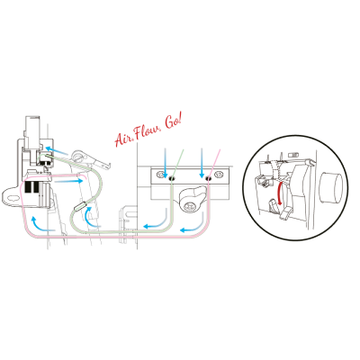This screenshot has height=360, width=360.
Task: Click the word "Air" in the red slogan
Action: click(x=122, y=139)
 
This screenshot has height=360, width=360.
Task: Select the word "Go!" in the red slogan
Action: click(x=174, y=122)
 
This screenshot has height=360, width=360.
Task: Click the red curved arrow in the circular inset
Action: click(x=281, y=193)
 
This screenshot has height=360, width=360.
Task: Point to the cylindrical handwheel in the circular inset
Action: click(x=331, y=188)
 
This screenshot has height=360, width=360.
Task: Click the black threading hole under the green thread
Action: click(x=171, y=178)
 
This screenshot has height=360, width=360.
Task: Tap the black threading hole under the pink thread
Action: click(x=208, y=178)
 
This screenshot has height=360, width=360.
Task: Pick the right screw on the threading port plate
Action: click(x=218, y=175)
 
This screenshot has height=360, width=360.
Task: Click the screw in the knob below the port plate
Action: click(x=190, y=206)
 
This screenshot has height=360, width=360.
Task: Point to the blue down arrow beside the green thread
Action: click(x=165, y=162)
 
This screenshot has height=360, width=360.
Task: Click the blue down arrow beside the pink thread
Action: click(x=202, y=162)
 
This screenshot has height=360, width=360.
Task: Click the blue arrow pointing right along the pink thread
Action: click(x=69, y=181)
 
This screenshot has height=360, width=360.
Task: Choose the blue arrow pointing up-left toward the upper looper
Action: click(x=57, y=151)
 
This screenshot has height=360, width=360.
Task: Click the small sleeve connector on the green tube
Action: click(x=80, y=207)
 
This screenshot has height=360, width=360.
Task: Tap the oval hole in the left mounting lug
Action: click(x=13, y=198)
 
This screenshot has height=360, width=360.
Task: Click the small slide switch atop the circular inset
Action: click(x=292, y=155)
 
